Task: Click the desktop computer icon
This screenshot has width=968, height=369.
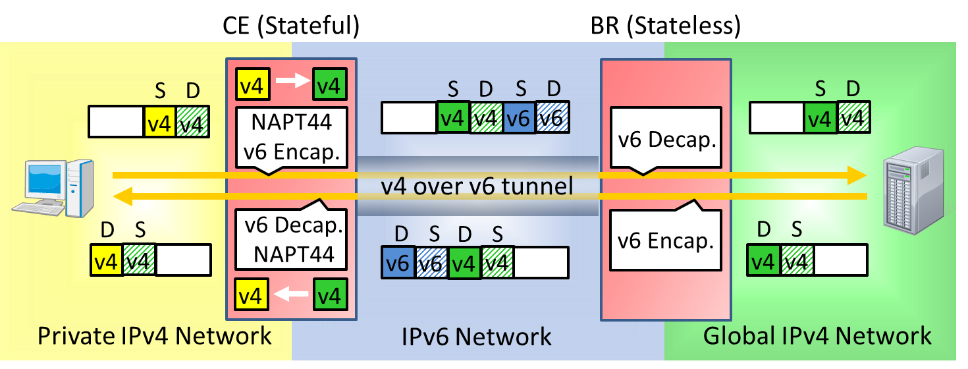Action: coord(53,188)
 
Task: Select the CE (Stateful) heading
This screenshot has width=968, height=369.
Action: coord(290,26)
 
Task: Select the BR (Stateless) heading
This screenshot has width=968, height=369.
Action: coord(665,26)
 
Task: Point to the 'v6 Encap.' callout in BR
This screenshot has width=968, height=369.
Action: coord(665,241)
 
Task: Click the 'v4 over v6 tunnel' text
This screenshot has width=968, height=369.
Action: coord(477,186)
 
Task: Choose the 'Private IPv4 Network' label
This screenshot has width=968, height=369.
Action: coord(155,335)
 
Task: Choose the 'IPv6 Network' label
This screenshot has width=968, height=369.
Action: coord(477,337)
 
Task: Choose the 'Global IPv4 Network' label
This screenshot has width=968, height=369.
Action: coord(817,335)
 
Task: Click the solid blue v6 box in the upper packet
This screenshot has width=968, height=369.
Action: coord(520,119)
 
